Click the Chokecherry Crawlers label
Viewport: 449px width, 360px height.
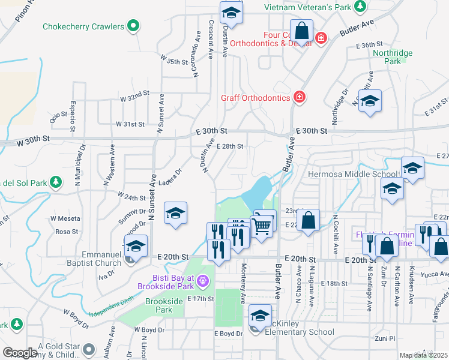pos(83,26)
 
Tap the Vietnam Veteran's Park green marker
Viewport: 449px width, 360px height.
pos(360,7)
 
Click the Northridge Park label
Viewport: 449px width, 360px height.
pos(393,57)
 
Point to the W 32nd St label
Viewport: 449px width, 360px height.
pos(134,97)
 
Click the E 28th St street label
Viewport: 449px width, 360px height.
pos(229,146)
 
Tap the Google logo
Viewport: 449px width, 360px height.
pos(20,353)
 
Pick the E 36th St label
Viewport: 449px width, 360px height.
pos(369,45)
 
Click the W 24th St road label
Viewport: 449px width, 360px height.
pos(131,197)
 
